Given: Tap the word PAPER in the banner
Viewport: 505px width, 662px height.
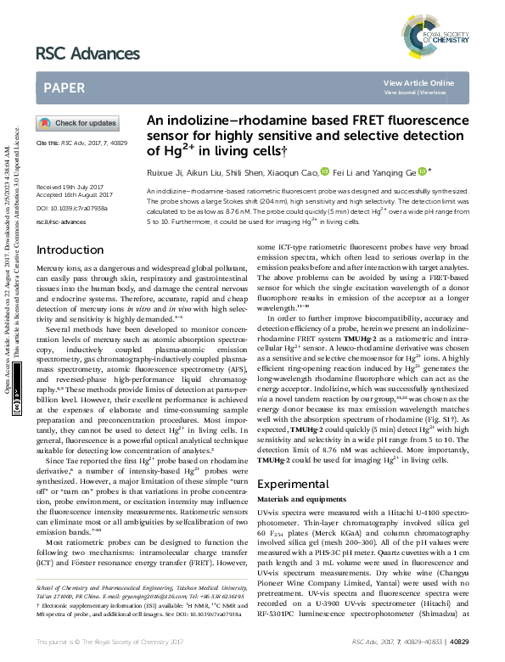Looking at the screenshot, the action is (63, 87).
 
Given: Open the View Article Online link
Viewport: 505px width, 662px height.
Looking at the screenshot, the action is (418, 82).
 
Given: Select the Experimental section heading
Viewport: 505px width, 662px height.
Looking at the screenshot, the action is (293, 484).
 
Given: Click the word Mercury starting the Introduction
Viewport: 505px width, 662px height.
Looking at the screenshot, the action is (49, 267).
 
